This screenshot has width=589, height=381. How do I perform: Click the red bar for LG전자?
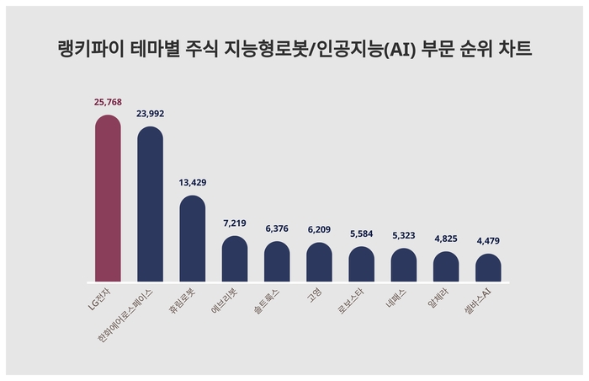(x=108, y=199)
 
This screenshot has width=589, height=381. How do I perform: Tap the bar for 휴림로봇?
(x=193, y=239)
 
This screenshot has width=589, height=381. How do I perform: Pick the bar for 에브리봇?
(x=235, y=260)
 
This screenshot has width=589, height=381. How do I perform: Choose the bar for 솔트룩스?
(x=277, y=262)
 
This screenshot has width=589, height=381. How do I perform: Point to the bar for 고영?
(x=319, y=263)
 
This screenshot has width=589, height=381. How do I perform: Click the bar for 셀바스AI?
(x=488, y=268)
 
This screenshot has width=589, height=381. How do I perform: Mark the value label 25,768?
(x=108, y=102)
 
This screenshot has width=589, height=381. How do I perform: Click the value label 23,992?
(x=150, y=114)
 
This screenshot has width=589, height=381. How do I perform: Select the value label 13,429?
(x=193, y=182)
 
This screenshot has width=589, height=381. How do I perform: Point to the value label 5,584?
(x=362, y=233)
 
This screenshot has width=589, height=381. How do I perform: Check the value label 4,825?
(x=446, y=239)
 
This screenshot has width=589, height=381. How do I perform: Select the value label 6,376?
(x=277, y=228)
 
